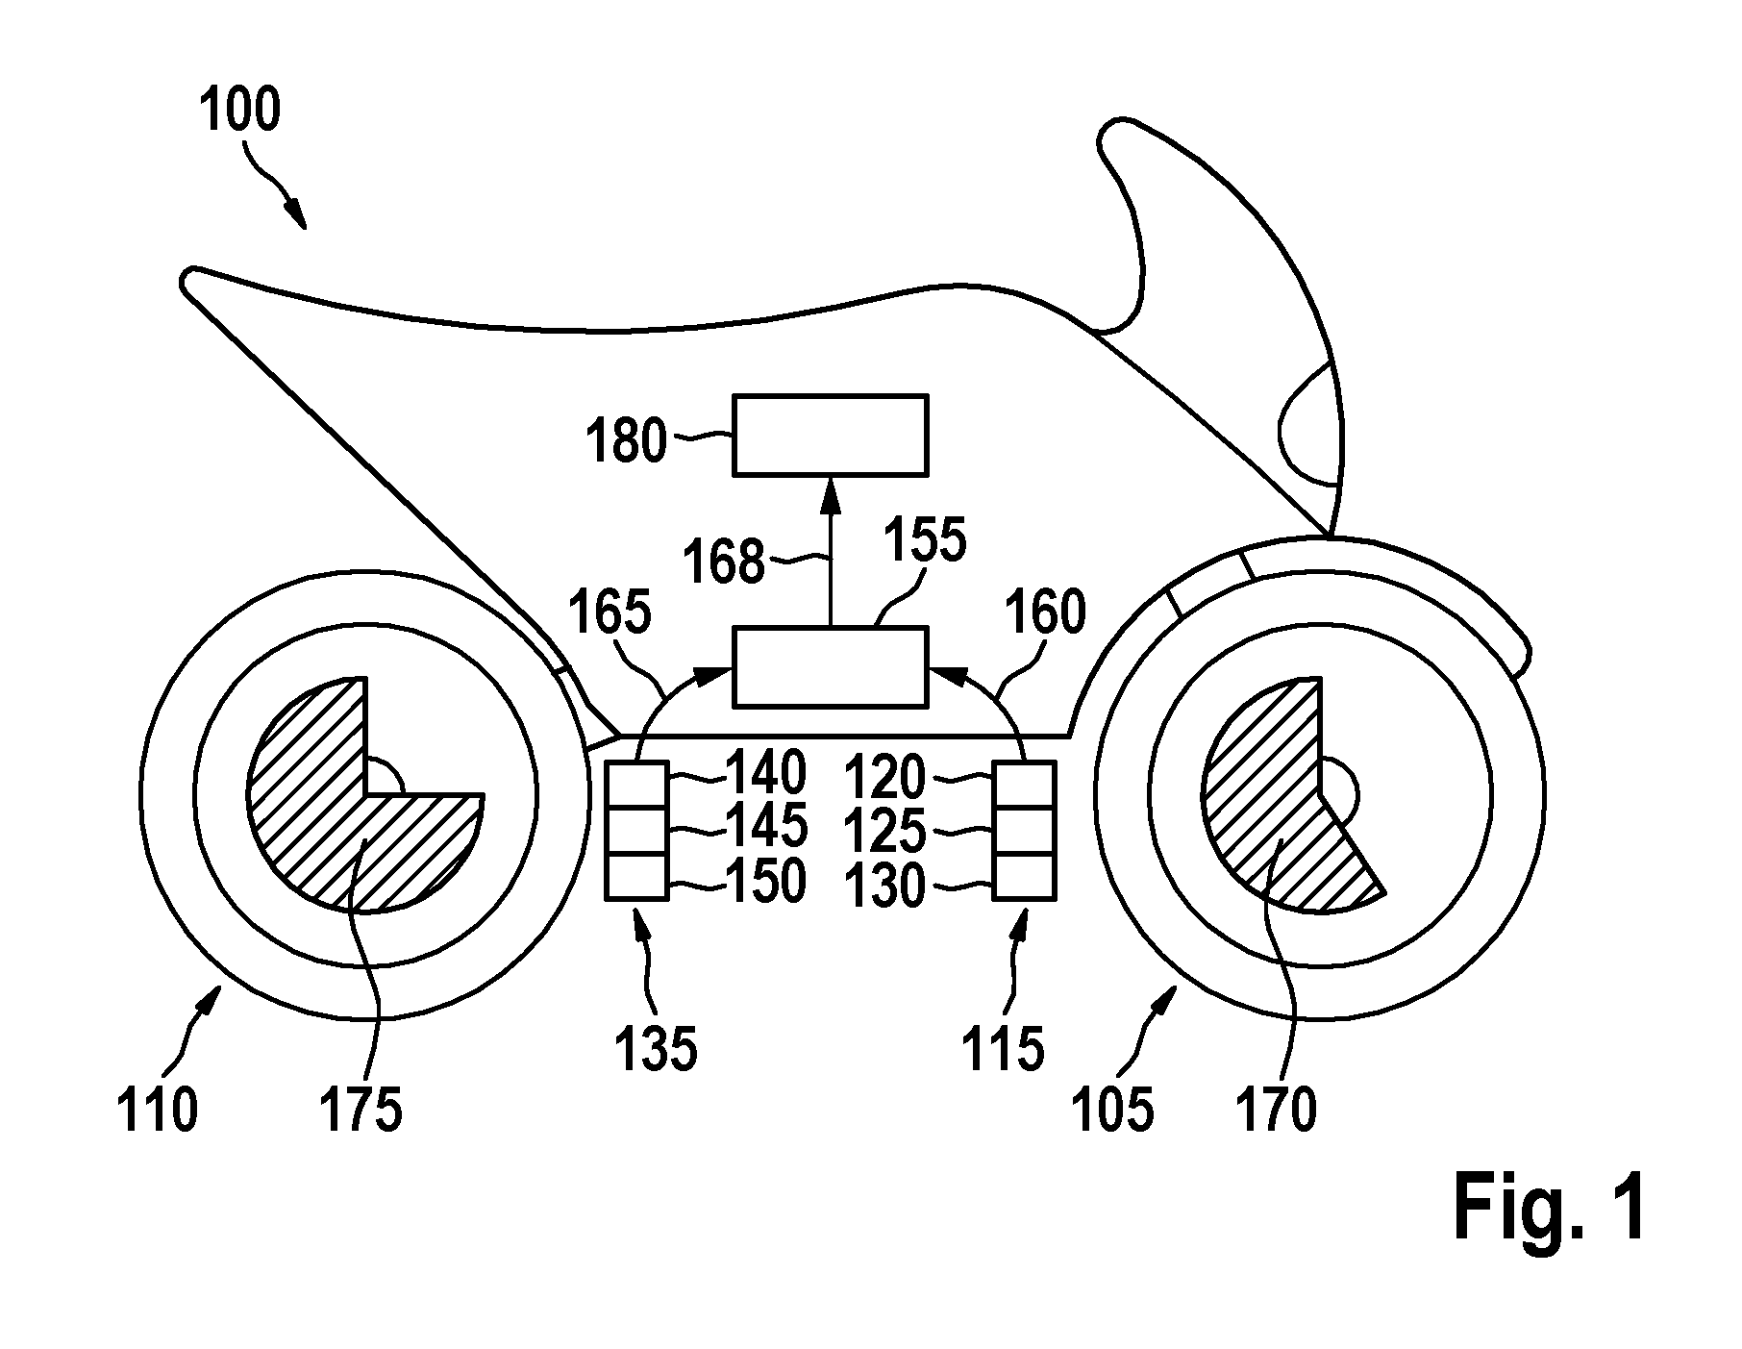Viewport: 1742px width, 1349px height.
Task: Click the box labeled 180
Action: point(831,435)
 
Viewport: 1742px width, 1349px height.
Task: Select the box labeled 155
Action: point(831,665)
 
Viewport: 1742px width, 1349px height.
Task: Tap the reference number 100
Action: point(240,110)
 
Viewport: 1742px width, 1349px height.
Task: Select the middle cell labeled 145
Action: point(635,831)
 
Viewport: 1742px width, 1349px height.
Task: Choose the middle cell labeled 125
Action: point(1024,831)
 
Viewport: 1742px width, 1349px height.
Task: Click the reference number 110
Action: point(157,1110)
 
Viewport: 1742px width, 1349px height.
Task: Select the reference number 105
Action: point(1113,1110)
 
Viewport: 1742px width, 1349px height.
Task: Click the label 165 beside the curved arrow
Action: point(610,612)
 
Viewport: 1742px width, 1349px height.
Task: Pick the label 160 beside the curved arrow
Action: point(1044,612)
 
